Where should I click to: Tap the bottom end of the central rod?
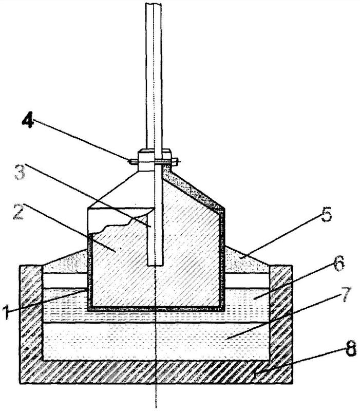pos(156,263)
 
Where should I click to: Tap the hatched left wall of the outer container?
pos(31,324)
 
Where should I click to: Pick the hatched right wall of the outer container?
pos(281,324)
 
